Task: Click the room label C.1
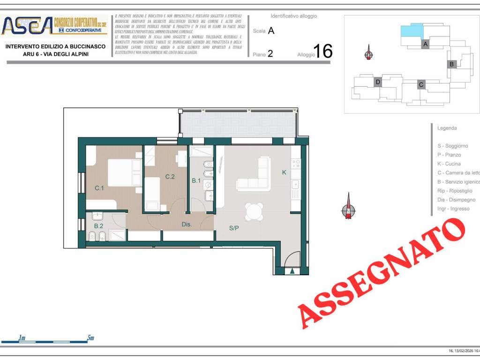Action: (99, 188)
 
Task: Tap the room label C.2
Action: (170, 177)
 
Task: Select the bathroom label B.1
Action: (196, 180)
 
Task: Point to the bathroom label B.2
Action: (98, 225)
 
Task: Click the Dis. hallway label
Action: (187, 225)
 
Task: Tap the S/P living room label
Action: (234, 228)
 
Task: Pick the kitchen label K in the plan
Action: (284, 172)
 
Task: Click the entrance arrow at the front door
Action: (293, 270)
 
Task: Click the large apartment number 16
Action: (322, 51)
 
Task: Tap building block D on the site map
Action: (378, 82)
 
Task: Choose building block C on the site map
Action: (421, 84)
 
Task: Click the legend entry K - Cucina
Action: (449, 164)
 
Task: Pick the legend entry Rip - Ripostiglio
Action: (455, 191)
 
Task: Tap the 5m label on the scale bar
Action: (90, 338)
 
